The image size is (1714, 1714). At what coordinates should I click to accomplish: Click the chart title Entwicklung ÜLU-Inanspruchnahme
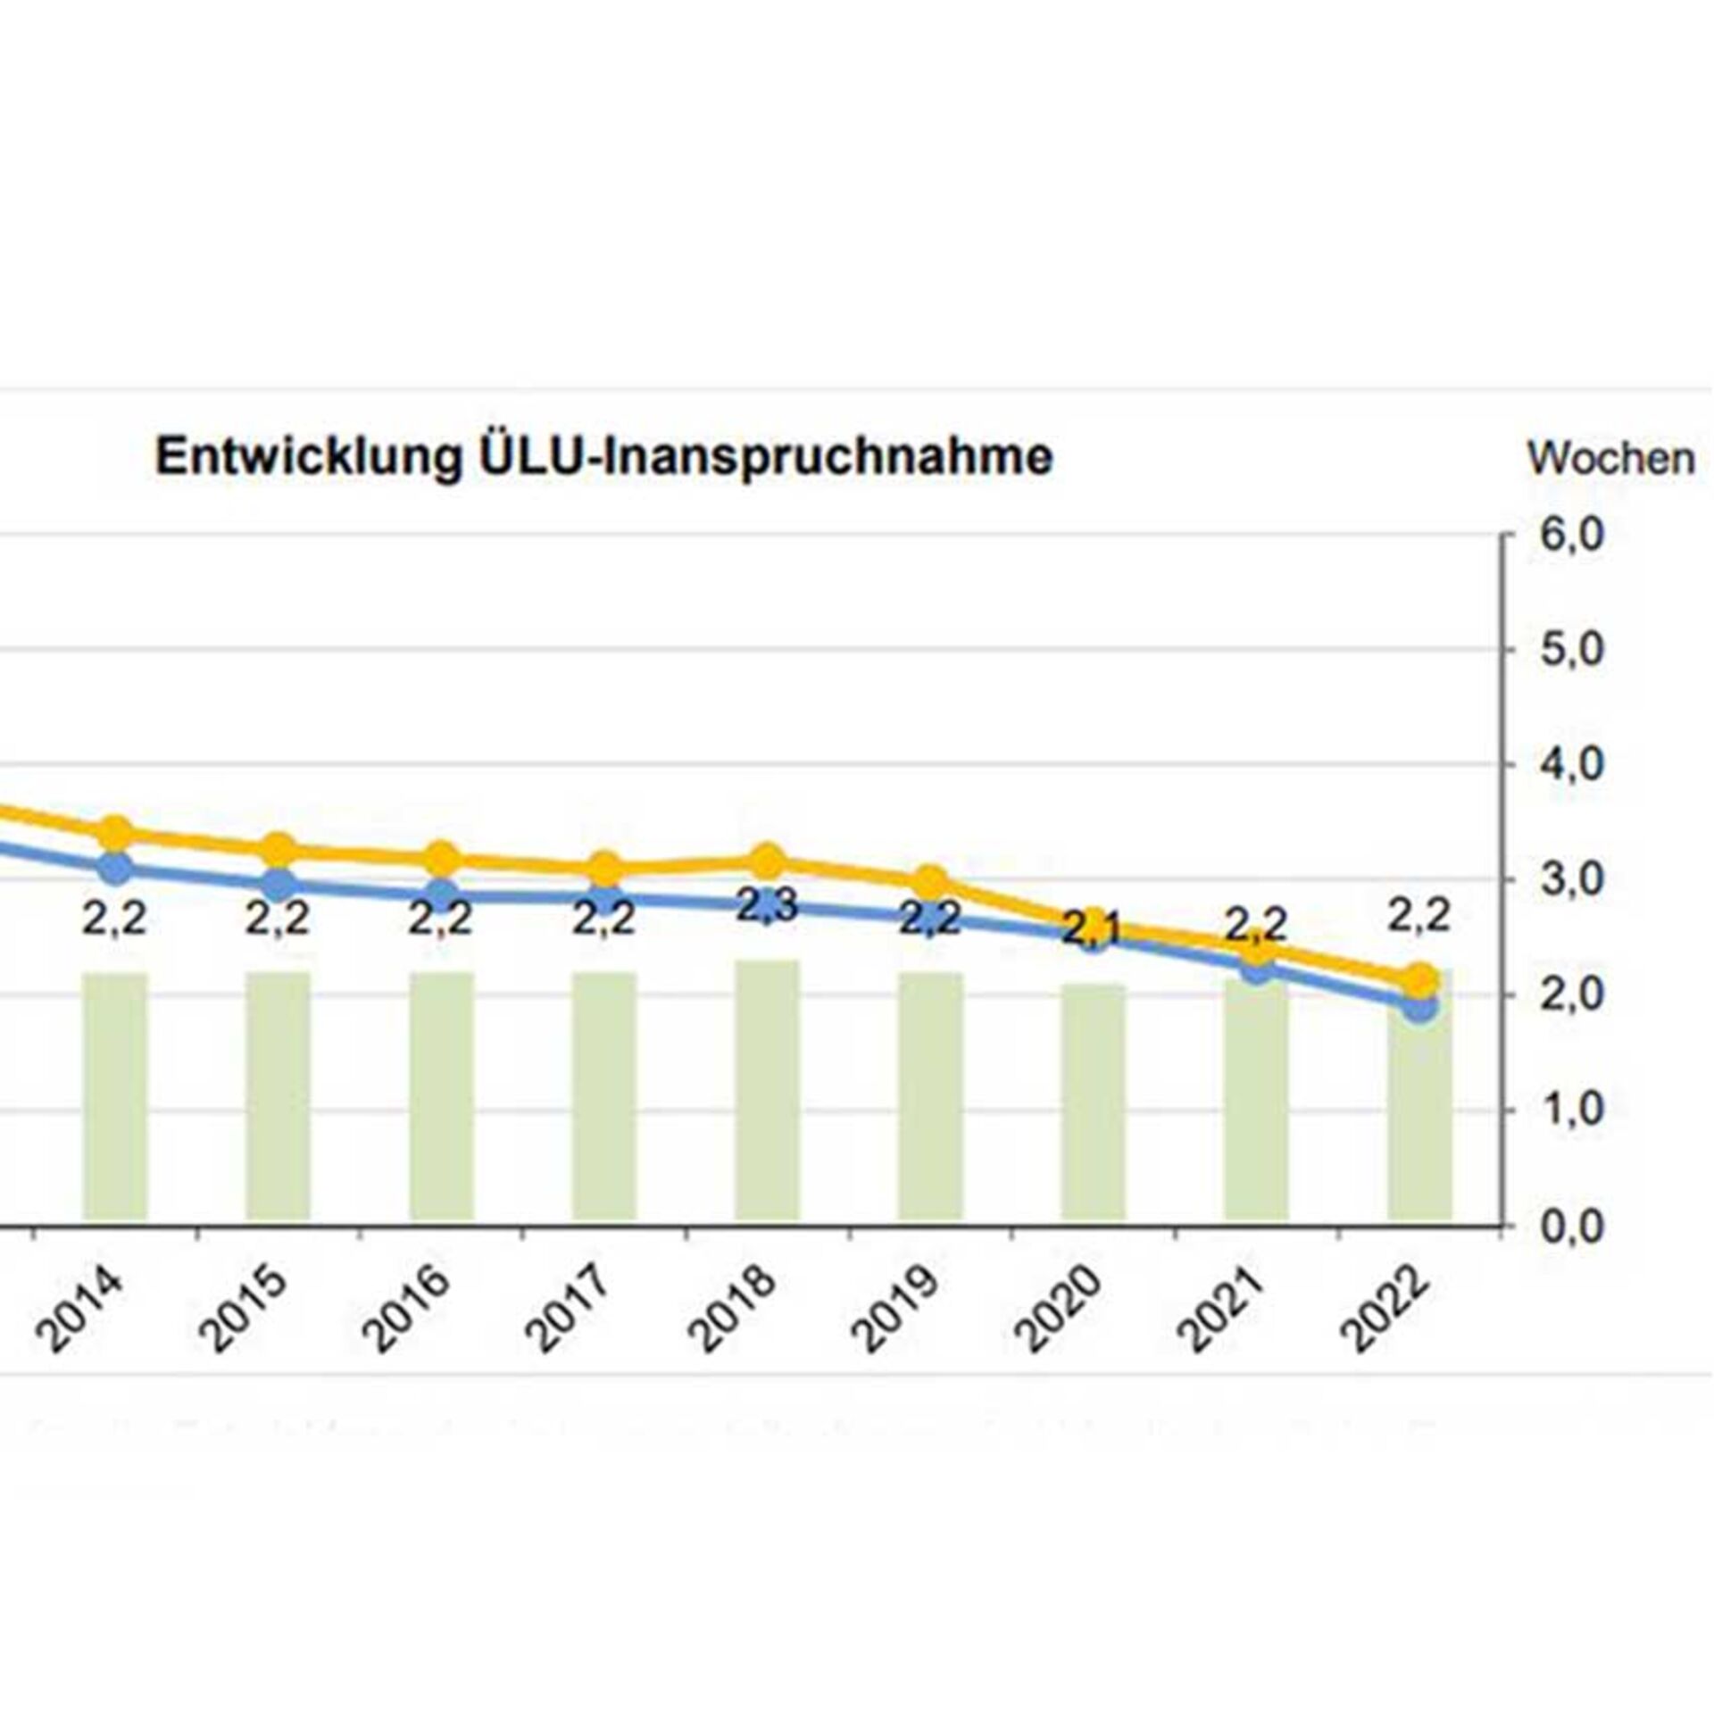tap(604, 457)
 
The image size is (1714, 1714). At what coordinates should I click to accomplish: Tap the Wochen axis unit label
tap(1610, 459)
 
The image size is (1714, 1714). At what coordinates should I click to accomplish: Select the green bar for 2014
tap(115, 1097)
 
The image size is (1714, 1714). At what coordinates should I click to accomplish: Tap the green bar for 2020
tap(1094, 1102)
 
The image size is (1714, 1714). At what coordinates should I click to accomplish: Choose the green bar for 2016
tap(442, 1097)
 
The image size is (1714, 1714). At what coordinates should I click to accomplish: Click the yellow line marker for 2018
tap(766, 861)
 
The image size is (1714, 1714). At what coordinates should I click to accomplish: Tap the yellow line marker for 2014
tap(115, 833)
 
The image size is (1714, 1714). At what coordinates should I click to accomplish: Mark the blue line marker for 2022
tap(1420, 1008)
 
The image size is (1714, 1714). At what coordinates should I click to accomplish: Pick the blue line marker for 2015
tap(279, 885)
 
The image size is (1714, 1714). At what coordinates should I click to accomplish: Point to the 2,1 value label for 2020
tap(1094, 930)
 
